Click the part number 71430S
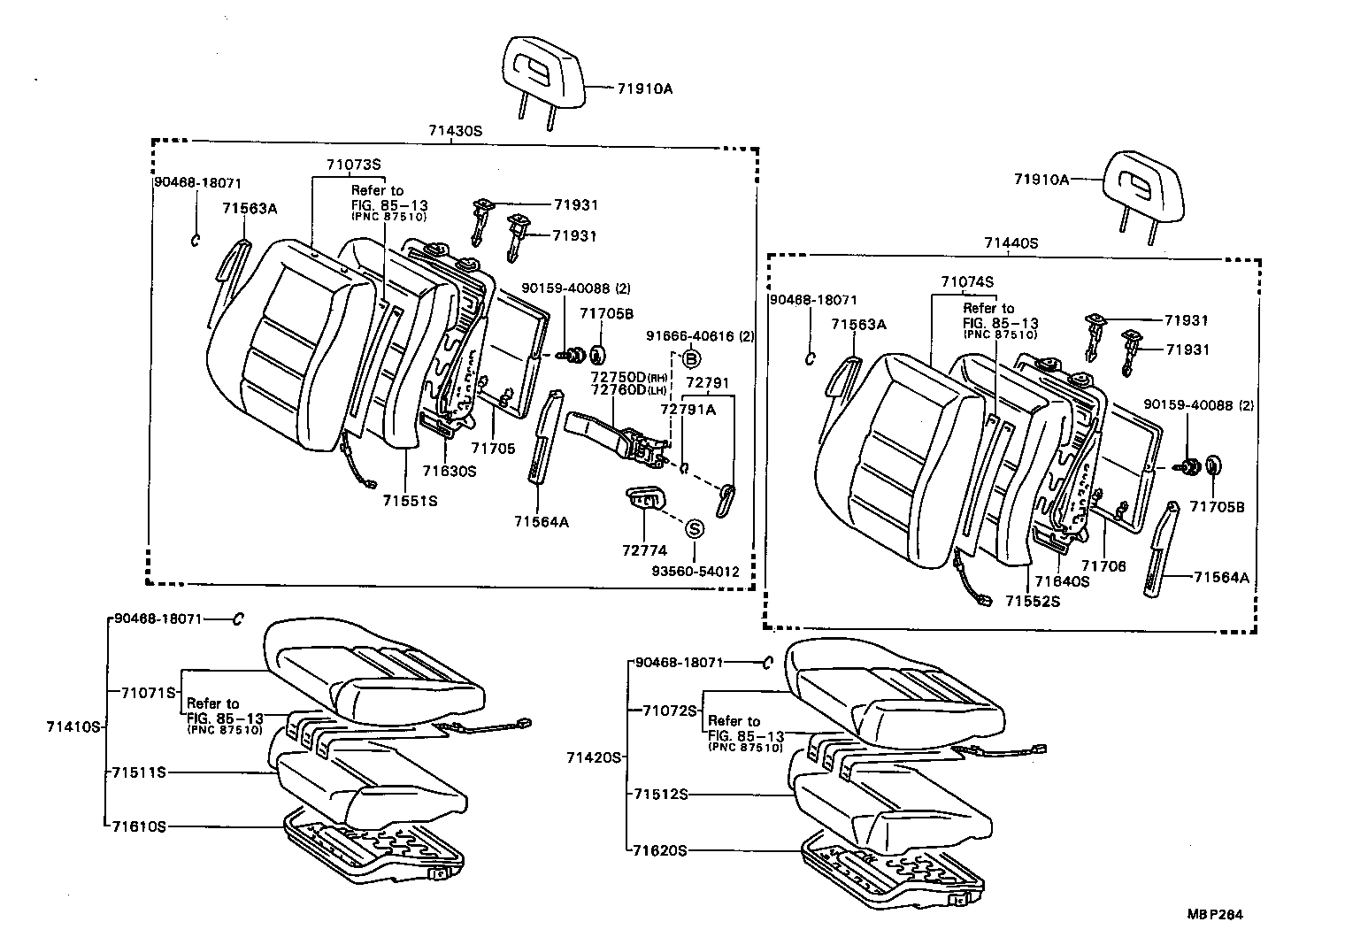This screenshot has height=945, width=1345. pos(456,130)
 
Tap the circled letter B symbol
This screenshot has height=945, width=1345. pos(691,358)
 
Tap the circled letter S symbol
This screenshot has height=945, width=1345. pos(695,528)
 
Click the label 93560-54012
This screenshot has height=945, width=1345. pos(696,572)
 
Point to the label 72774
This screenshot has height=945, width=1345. pos(644,550)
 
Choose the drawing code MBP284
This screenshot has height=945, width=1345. pos(1215,915)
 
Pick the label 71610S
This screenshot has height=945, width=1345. pos(139,826)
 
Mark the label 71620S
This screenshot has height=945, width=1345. pos(660,850)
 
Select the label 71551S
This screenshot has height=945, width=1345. pos(410,501)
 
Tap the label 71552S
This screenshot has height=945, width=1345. pos(1032,602)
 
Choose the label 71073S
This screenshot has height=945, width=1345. pos(352,164)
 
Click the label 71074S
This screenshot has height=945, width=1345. pos(967,281)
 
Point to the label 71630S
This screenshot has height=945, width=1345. pos(449,471)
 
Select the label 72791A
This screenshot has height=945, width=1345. pos(688,410)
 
